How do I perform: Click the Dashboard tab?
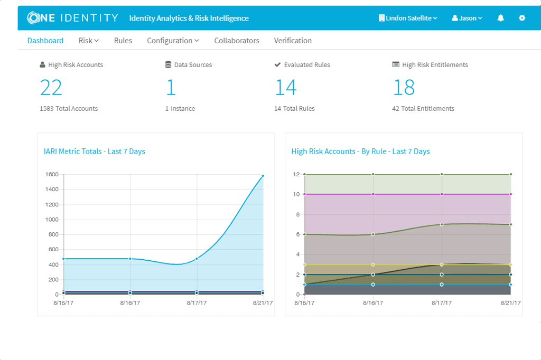(x=45, y=41)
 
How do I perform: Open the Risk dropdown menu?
(x=89, y=41)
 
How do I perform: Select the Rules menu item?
(x=123, y=41)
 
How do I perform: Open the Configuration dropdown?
(x=173, y=41)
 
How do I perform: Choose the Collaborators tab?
(x=237, y=41)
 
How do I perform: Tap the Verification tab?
(x=293, y=41)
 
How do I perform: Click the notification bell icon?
(x=501, y=18)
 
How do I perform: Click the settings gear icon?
(x=522, y=18)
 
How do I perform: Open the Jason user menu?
(x=467, y=18)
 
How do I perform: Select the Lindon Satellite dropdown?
(x=408, y=18)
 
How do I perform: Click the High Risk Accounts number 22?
(x=51, y=87)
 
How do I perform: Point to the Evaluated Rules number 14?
(x=286, y=87)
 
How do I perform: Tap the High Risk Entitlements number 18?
(x=404, y=87)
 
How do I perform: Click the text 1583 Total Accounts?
(x=69, y=109)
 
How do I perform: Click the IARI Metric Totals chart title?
(x=95, y=151)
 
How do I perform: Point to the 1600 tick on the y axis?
(x=52, y=175)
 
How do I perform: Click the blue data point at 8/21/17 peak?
(x=263, y=176)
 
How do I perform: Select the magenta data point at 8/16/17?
(x=373, y=194)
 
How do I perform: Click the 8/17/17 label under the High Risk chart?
(x=442, y=303)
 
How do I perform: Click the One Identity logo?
(x=73, y=18)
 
